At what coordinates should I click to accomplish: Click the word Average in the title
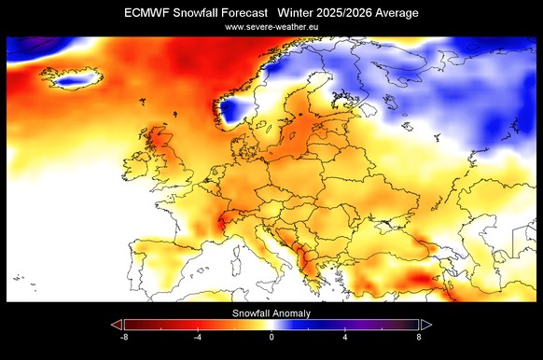(397, 12)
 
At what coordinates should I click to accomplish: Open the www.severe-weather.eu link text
(271, 27)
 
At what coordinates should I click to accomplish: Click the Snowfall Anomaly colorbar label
(271, 313)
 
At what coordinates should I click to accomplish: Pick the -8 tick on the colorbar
(124, 337)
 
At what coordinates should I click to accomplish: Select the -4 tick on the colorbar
(198, 337)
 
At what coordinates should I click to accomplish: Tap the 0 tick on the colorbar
(271, 337)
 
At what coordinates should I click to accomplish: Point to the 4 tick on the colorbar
(345, 337)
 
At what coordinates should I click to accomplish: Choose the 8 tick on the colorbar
(419, 337)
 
